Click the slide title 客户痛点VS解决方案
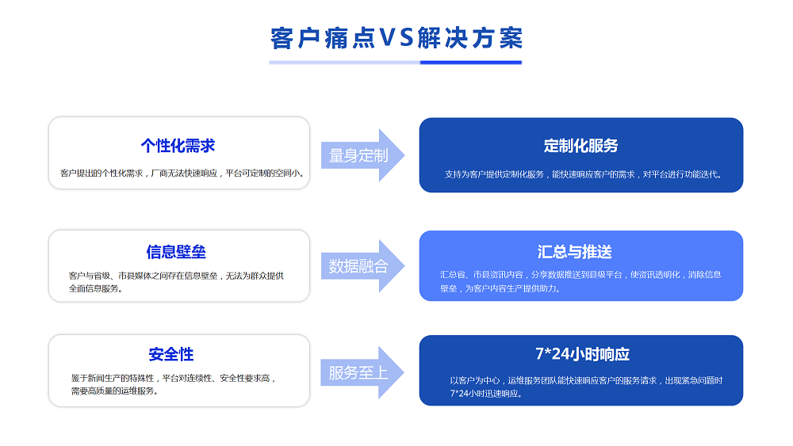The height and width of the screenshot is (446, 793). pyautogui.click(x=396, y=38)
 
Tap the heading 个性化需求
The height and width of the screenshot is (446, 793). pyautogui.click(x=178, y=146)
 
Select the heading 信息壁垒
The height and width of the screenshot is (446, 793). pyautogui.click(x=176, y=252)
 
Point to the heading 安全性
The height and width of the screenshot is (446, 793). pyautogui.click(x=171, y=354)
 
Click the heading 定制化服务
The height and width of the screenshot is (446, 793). pyautogui.click(x=580, y=146)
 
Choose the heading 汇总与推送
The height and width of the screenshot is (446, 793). pyautogui.click(x=574, y=252)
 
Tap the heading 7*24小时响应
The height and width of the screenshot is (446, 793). pyautogui.click(x=582, y=354)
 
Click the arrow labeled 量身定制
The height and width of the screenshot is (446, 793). pyautogui.click(x=362, y=155)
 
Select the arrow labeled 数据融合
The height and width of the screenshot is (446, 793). pyautogui.click(x=362, y=265)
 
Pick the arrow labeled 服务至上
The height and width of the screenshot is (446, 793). pyautogui.click(x=362, y=372)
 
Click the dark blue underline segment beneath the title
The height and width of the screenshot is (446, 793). pyautogui.click(x=471, y=63)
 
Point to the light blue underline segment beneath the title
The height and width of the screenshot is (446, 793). pyautogui.click(x=344, y=63)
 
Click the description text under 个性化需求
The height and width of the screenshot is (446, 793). pyautogui.click(x=182, y=173)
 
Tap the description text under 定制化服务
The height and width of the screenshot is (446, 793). pyautogui.click(x=583, y=174)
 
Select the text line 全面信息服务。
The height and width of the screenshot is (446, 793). pyautogui.click(x=96, y=288)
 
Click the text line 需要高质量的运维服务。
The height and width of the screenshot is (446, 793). pyautogui.click(x=114, y=391)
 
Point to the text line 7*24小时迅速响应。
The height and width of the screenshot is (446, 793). pyautogui.click(x=486, y=394)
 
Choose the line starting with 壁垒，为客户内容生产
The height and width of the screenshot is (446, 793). pyautogui.click(x=500, y=288)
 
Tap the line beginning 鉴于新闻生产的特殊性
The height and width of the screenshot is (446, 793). pyautogui.click(x=174, y=378)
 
